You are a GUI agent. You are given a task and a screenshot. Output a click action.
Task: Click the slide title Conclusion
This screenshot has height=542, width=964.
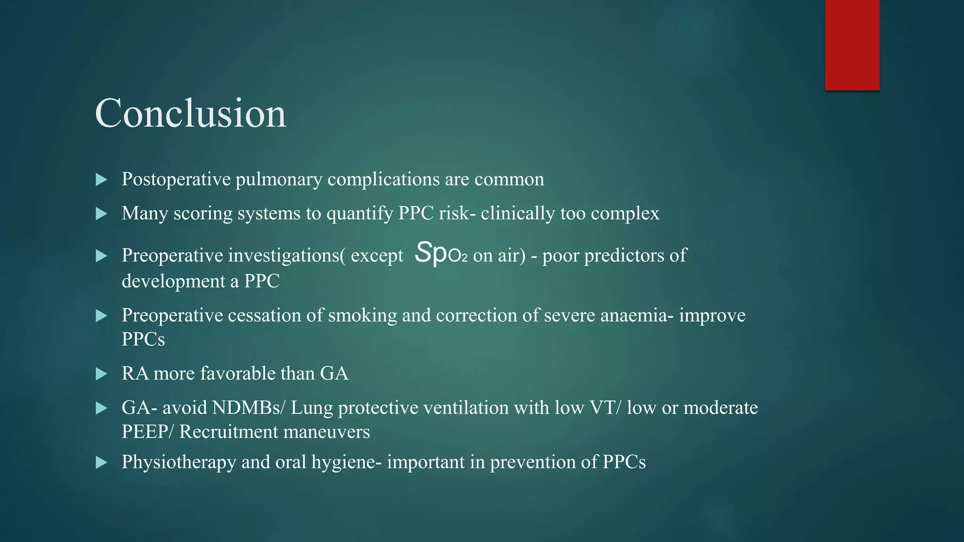tap(191, 113)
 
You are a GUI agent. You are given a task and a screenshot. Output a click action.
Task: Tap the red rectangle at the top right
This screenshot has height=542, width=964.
tap(852, 45)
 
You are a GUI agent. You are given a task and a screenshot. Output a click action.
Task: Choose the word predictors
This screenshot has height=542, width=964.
tap(624, 255)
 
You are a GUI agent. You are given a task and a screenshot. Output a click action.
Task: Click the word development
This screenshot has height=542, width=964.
tap(174, 281)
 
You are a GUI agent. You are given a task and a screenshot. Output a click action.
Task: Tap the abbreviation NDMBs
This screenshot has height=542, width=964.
tap(248, 407)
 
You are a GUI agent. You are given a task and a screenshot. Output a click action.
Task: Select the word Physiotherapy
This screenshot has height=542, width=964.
tap(179, 462)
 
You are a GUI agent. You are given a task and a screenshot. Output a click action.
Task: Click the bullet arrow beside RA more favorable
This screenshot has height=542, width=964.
tap(101, 374)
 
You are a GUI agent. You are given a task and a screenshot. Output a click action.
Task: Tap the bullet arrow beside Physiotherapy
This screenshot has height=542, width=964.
tap(101, 462)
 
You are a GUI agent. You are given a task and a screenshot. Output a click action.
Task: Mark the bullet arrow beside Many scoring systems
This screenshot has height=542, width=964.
tap(101, 214)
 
